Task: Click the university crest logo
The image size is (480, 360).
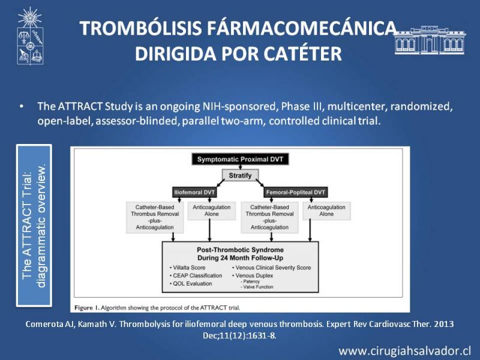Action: click(x=30, y=36)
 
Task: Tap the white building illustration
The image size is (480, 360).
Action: click(x=430, y=40)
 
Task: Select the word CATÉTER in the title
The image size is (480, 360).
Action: click(x=302, y=54)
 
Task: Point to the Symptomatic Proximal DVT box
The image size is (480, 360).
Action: click(x=241, y=159)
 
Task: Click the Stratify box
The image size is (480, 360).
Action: click(x=241, y=175)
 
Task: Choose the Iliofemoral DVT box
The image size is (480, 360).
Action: click(x=194, y=192)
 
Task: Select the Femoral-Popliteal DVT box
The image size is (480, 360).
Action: click(x=295, y=192)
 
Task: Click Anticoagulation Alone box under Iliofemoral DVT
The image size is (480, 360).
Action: click(x=212, y=211)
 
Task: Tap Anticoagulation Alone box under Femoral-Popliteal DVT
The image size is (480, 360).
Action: click(x=326, y=211)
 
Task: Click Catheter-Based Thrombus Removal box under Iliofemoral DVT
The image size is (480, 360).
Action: click(x=155, y=217)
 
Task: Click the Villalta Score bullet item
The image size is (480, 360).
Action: click(x=187, y=268)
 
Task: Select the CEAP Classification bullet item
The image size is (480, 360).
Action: click(x=196, y=275)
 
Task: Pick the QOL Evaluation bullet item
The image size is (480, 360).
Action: click(x=191, y=284)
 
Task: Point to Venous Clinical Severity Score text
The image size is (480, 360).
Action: click(x=272, y=268)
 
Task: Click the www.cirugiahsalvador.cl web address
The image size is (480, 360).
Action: click(x=405, y=351)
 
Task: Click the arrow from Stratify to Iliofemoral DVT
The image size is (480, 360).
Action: click(x=221, y=183)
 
